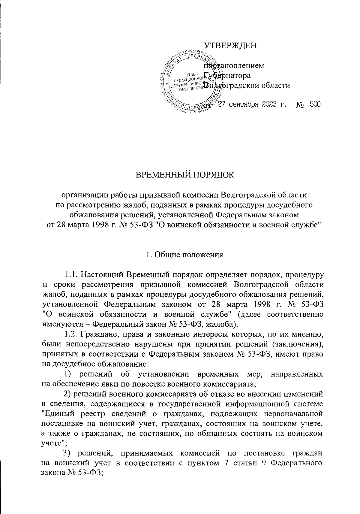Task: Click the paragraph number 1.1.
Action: click(x=72, y=275)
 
